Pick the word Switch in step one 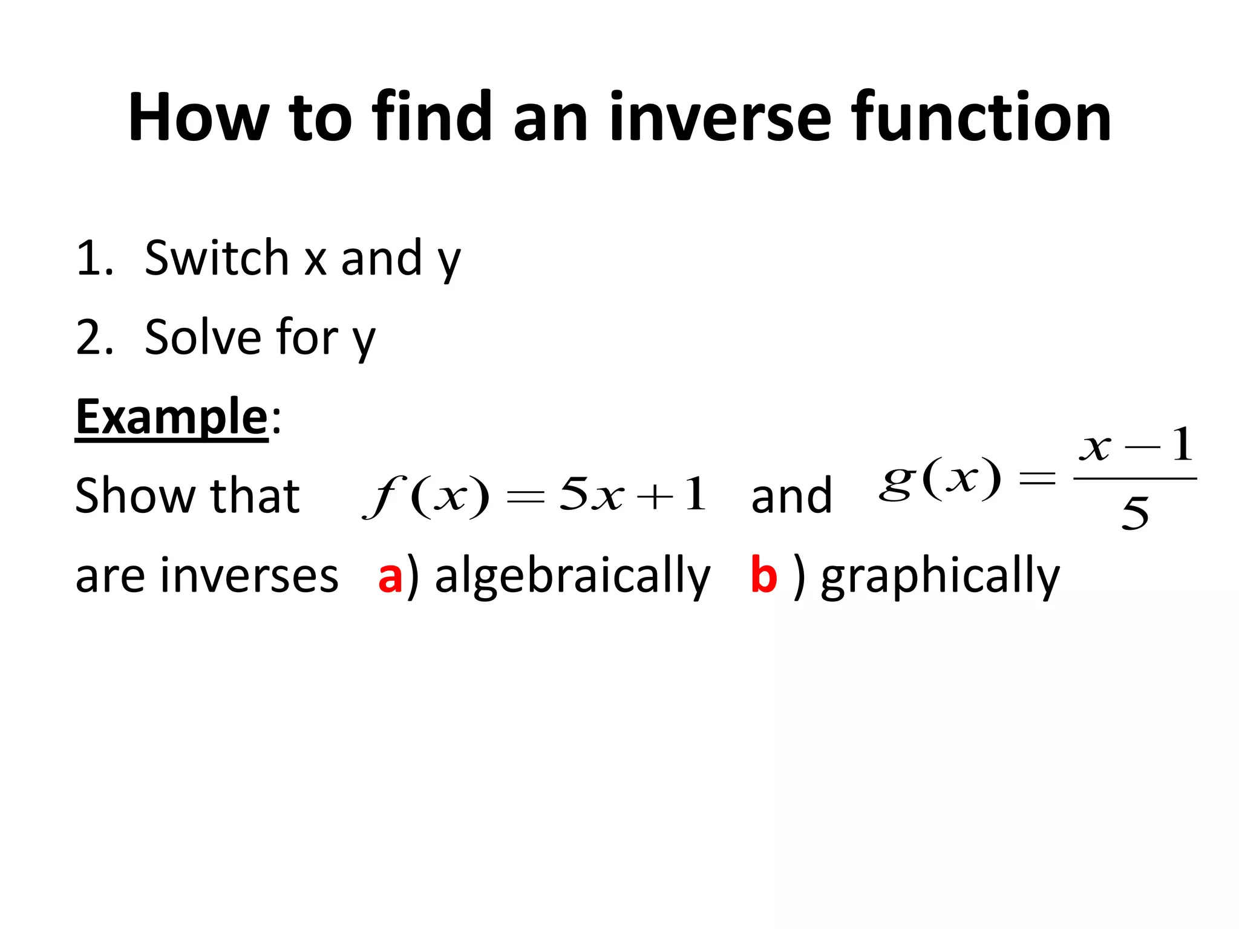click(x=217, y=258)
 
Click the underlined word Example click(x=171, y=417)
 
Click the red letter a click(x=390, y=576)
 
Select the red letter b click(x=763, y=575)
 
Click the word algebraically click(x=572, y=576)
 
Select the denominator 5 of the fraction click(x=1135, y=514)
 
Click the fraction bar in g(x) click(x=1135, y=479)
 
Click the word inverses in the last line click(x=206, y=576)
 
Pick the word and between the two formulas click(x=791, y=496)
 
